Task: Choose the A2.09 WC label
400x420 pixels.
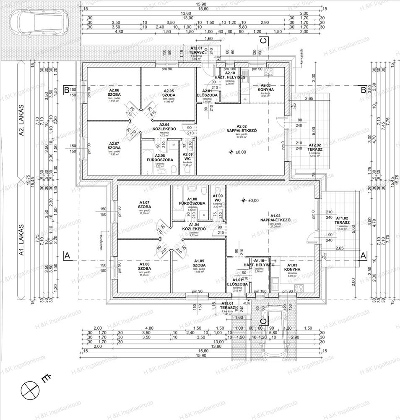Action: pyautogui.click(x=187, y=157)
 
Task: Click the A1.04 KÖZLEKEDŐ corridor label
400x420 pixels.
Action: pyautogui.click(x=193, y=229)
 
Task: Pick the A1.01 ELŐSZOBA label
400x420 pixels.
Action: pyautogui.click(x=234, y=283)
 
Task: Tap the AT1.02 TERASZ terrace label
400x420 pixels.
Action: pyautogui.click(x=343, y=220)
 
